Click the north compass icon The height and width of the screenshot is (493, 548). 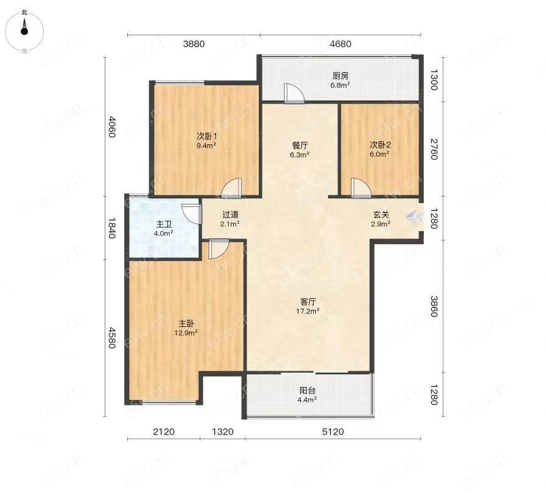point(24,31)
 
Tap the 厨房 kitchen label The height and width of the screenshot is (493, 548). point(340,75)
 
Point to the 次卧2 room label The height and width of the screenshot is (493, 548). point(380,144)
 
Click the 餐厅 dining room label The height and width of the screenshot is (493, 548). point(300,145)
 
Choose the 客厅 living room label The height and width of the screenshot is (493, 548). point(308,301)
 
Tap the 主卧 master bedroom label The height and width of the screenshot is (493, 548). point(186,324)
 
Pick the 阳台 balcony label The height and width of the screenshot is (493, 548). point(307,390)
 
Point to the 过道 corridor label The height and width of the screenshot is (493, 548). point(230,214)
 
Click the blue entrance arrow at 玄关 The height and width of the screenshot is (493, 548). point(414,217)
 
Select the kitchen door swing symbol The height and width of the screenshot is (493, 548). point(294,93)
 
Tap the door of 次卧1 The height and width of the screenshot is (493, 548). point(231,187)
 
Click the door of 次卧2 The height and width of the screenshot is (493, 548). point(361,188)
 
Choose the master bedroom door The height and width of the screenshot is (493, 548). point(219,249)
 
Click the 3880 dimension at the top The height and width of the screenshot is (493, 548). point(194,44)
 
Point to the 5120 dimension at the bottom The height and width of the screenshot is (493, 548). point(332,432)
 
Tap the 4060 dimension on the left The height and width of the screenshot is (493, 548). point(111,127)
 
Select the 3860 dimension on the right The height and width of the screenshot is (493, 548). point(434,306)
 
